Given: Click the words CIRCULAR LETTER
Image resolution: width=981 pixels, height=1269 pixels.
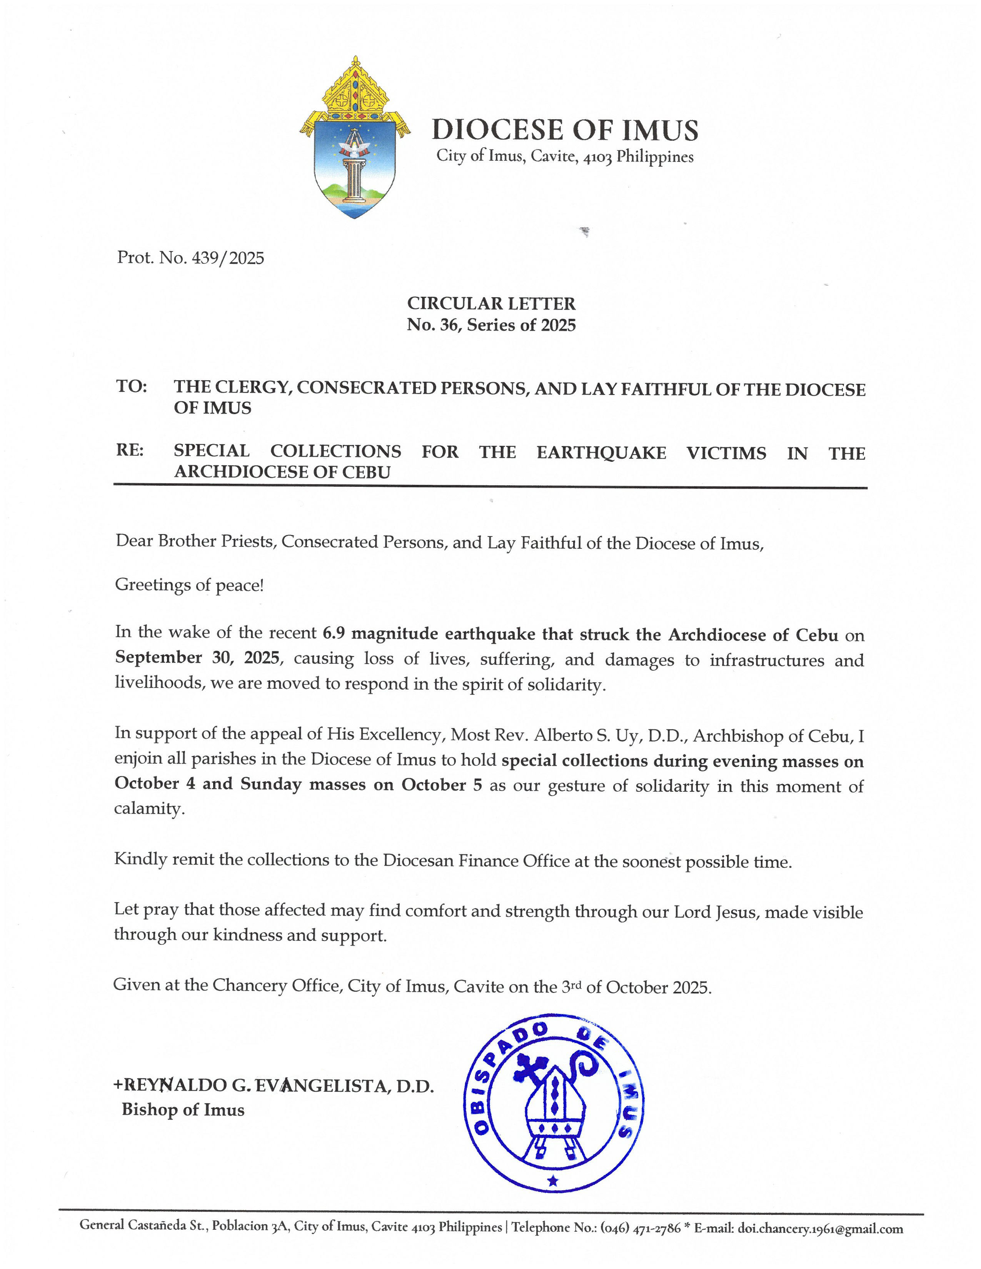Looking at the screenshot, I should [x=491, y=303].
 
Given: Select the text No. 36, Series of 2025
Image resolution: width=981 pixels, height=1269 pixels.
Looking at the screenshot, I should [x=491, y=325].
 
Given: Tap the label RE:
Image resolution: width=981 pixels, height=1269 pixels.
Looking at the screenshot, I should [x=130, y=450].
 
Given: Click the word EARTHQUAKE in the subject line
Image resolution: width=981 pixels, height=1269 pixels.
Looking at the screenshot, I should [x=601, y=452].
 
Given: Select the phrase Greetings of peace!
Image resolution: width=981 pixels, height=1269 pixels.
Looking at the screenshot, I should [x=189, y=585].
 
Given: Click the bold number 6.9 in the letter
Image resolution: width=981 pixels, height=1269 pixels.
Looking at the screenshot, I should [x=333, y=633].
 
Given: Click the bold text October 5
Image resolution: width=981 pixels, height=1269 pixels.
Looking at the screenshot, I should [x=442, y=785].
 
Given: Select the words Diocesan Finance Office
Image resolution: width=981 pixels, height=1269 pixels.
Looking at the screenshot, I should [x=476, y=861].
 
